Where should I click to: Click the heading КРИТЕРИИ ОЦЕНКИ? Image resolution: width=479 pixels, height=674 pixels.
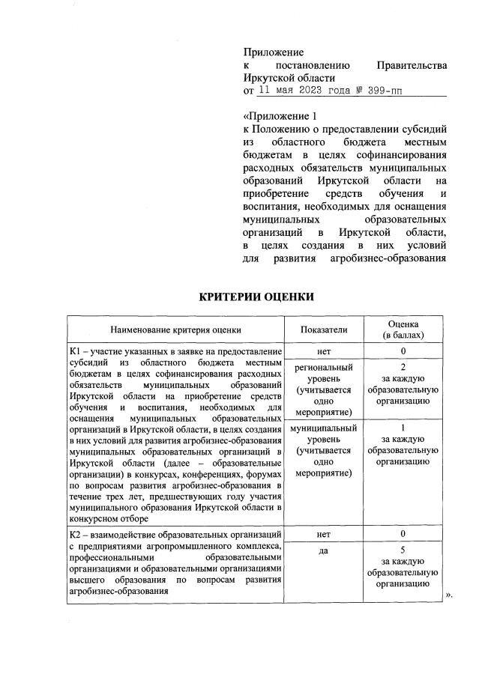(x=256, y=297)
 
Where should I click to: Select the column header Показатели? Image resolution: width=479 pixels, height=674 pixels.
(x=324, y=329)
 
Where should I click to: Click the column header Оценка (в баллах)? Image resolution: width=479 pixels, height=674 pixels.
(x=403, y=329)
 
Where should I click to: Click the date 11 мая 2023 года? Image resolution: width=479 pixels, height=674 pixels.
(x=301, y=90)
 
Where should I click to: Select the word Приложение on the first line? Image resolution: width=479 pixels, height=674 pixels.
(x=274, y=52)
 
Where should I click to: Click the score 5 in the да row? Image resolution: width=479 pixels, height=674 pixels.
(x=403, y=550)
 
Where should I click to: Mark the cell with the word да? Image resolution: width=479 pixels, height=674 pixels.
(x=324, y=550)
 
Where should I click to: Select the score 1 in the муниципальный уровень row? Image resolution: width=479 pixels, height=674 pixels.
(x=403, y=428)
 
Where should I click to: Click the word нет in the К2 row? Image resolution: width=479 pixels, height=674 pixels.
(x=324, y=534)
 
